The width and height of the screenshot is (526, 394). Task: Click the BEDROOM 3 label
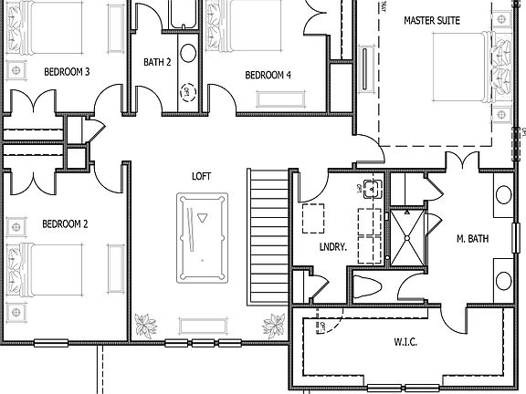click(x=66, y=71)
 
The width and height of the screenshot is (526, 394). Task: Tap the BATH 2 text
click(x=157, y=62)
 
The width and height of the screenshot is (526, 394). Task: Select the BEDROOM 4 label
click(x=268, y=75)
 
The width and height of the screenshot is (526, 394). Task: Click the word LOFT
click(x=202, y=176)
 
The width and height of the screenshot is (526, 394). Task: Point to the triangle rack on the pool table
click(x=203, y=219)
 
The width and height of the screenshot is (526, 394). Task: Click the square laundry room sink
click(x=371, y=190)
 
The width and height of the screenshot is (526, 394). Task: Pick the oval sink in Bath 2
click(x=186, y=52)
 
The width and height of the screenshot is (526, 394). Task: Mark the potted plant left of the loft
click(x=144, y=325)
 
